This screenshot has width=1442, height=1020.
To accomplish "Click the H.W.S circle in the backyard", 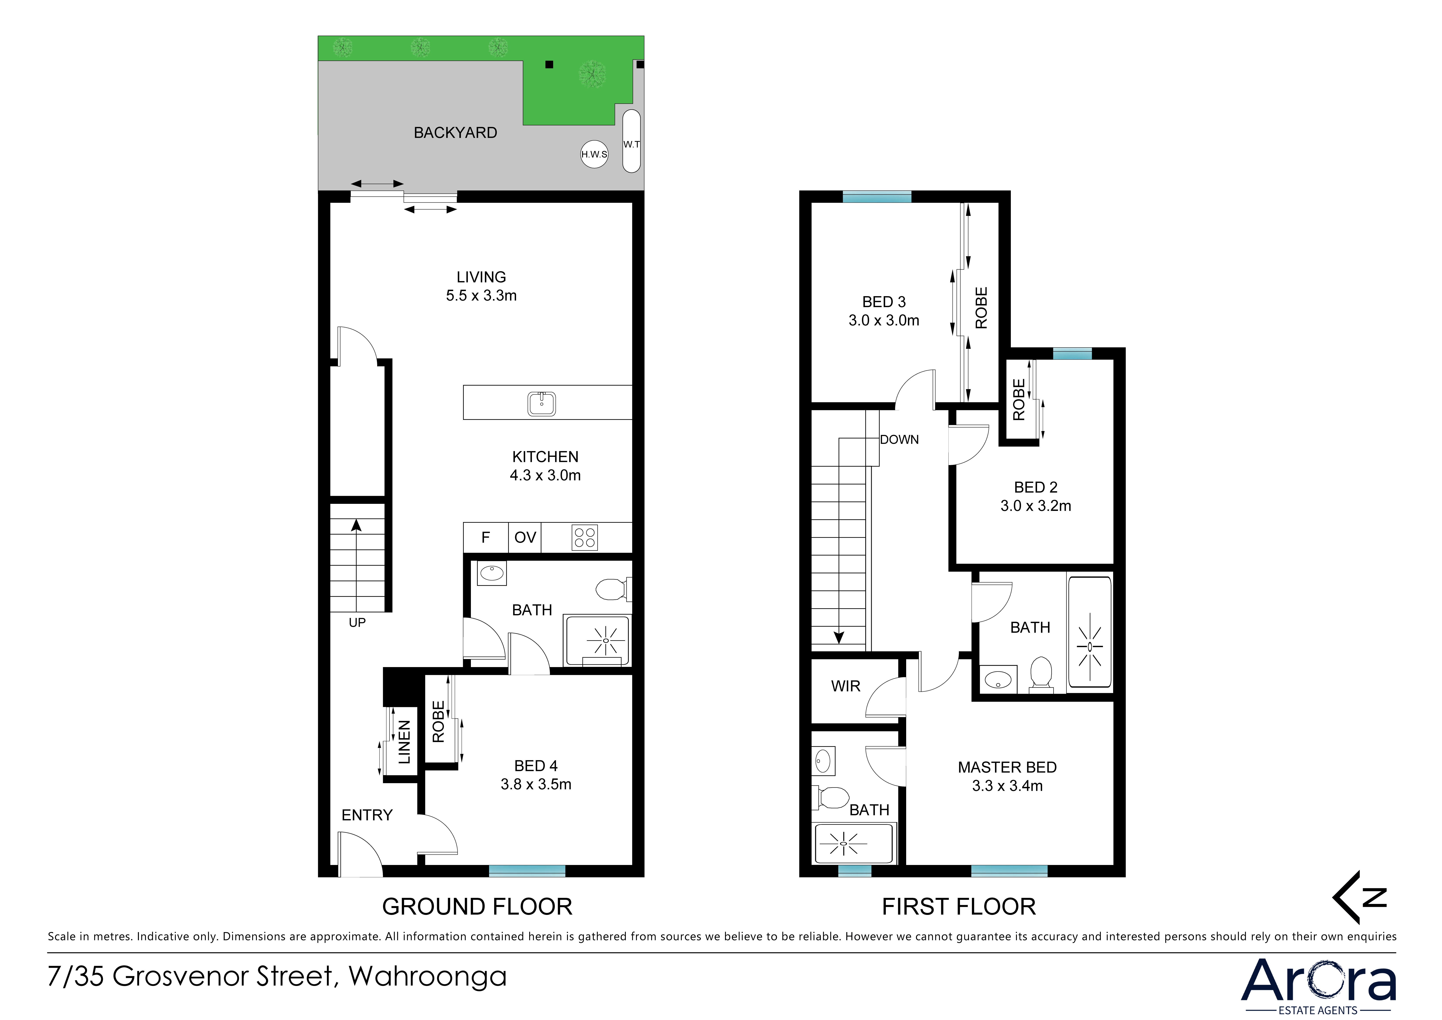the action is click(594, 154).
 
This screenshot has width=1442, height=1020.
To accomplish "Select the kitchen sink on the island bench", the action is click(541, 403).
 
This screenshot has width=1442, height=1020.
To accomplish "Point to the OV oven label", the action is click(525, 537).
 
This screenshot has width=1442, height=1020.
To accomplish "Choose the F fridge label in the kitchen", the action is click(486, 537).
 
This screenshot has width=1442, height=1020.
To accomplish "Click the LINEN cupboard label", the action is click(404, 742).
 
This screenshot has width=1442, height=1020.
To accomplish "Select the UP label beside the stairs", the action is click(357, 622).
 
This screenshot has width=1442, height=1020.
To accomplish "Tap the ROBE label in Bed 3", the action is click(981, 308).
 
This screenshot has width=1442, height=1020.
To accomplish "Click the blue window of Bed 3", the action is click(877, 197).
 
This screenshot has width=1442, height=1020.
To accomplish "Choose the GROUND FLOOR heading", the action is click(477, 907).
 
